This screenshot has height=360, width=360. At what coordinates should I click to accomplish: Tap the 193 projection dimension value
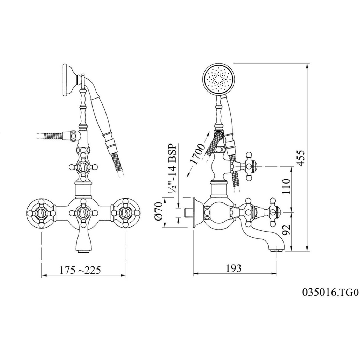pos(234,268)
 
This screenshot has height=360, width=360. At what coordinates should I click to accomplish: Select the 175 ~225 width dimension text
pos(80,270)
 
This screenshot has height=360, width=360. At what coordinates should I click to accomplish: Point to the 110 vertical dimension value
pos(286,186)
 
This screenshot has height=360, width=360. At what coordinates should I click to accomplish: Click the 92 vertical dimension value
pos(286,229)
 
